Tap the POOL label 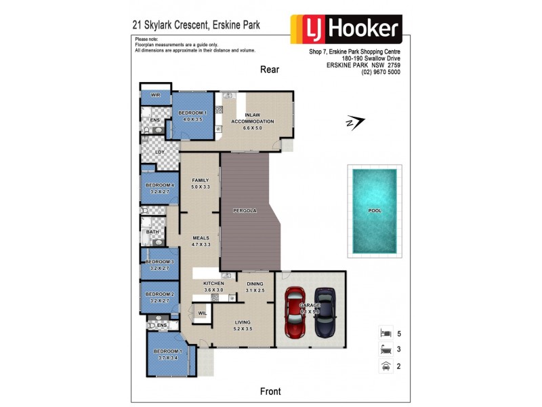[375, 211]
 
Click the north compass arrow [354, 122]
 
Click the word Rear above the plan [270, 69]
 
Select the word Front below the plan [270, 391]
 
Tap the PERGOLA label [245, 211]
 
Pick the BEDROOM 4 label [160, 185]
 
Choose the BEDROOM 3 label [160, 261]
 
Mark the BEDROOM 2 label [160, 294]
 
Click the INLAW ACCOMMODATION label [253, 119]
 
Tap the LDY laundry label [160, 152]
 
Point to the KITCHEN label [213, 283]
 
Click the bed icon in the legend [385, 333]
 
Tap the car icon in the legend [385, 366]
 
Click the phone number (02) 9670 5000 [381, 73]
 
